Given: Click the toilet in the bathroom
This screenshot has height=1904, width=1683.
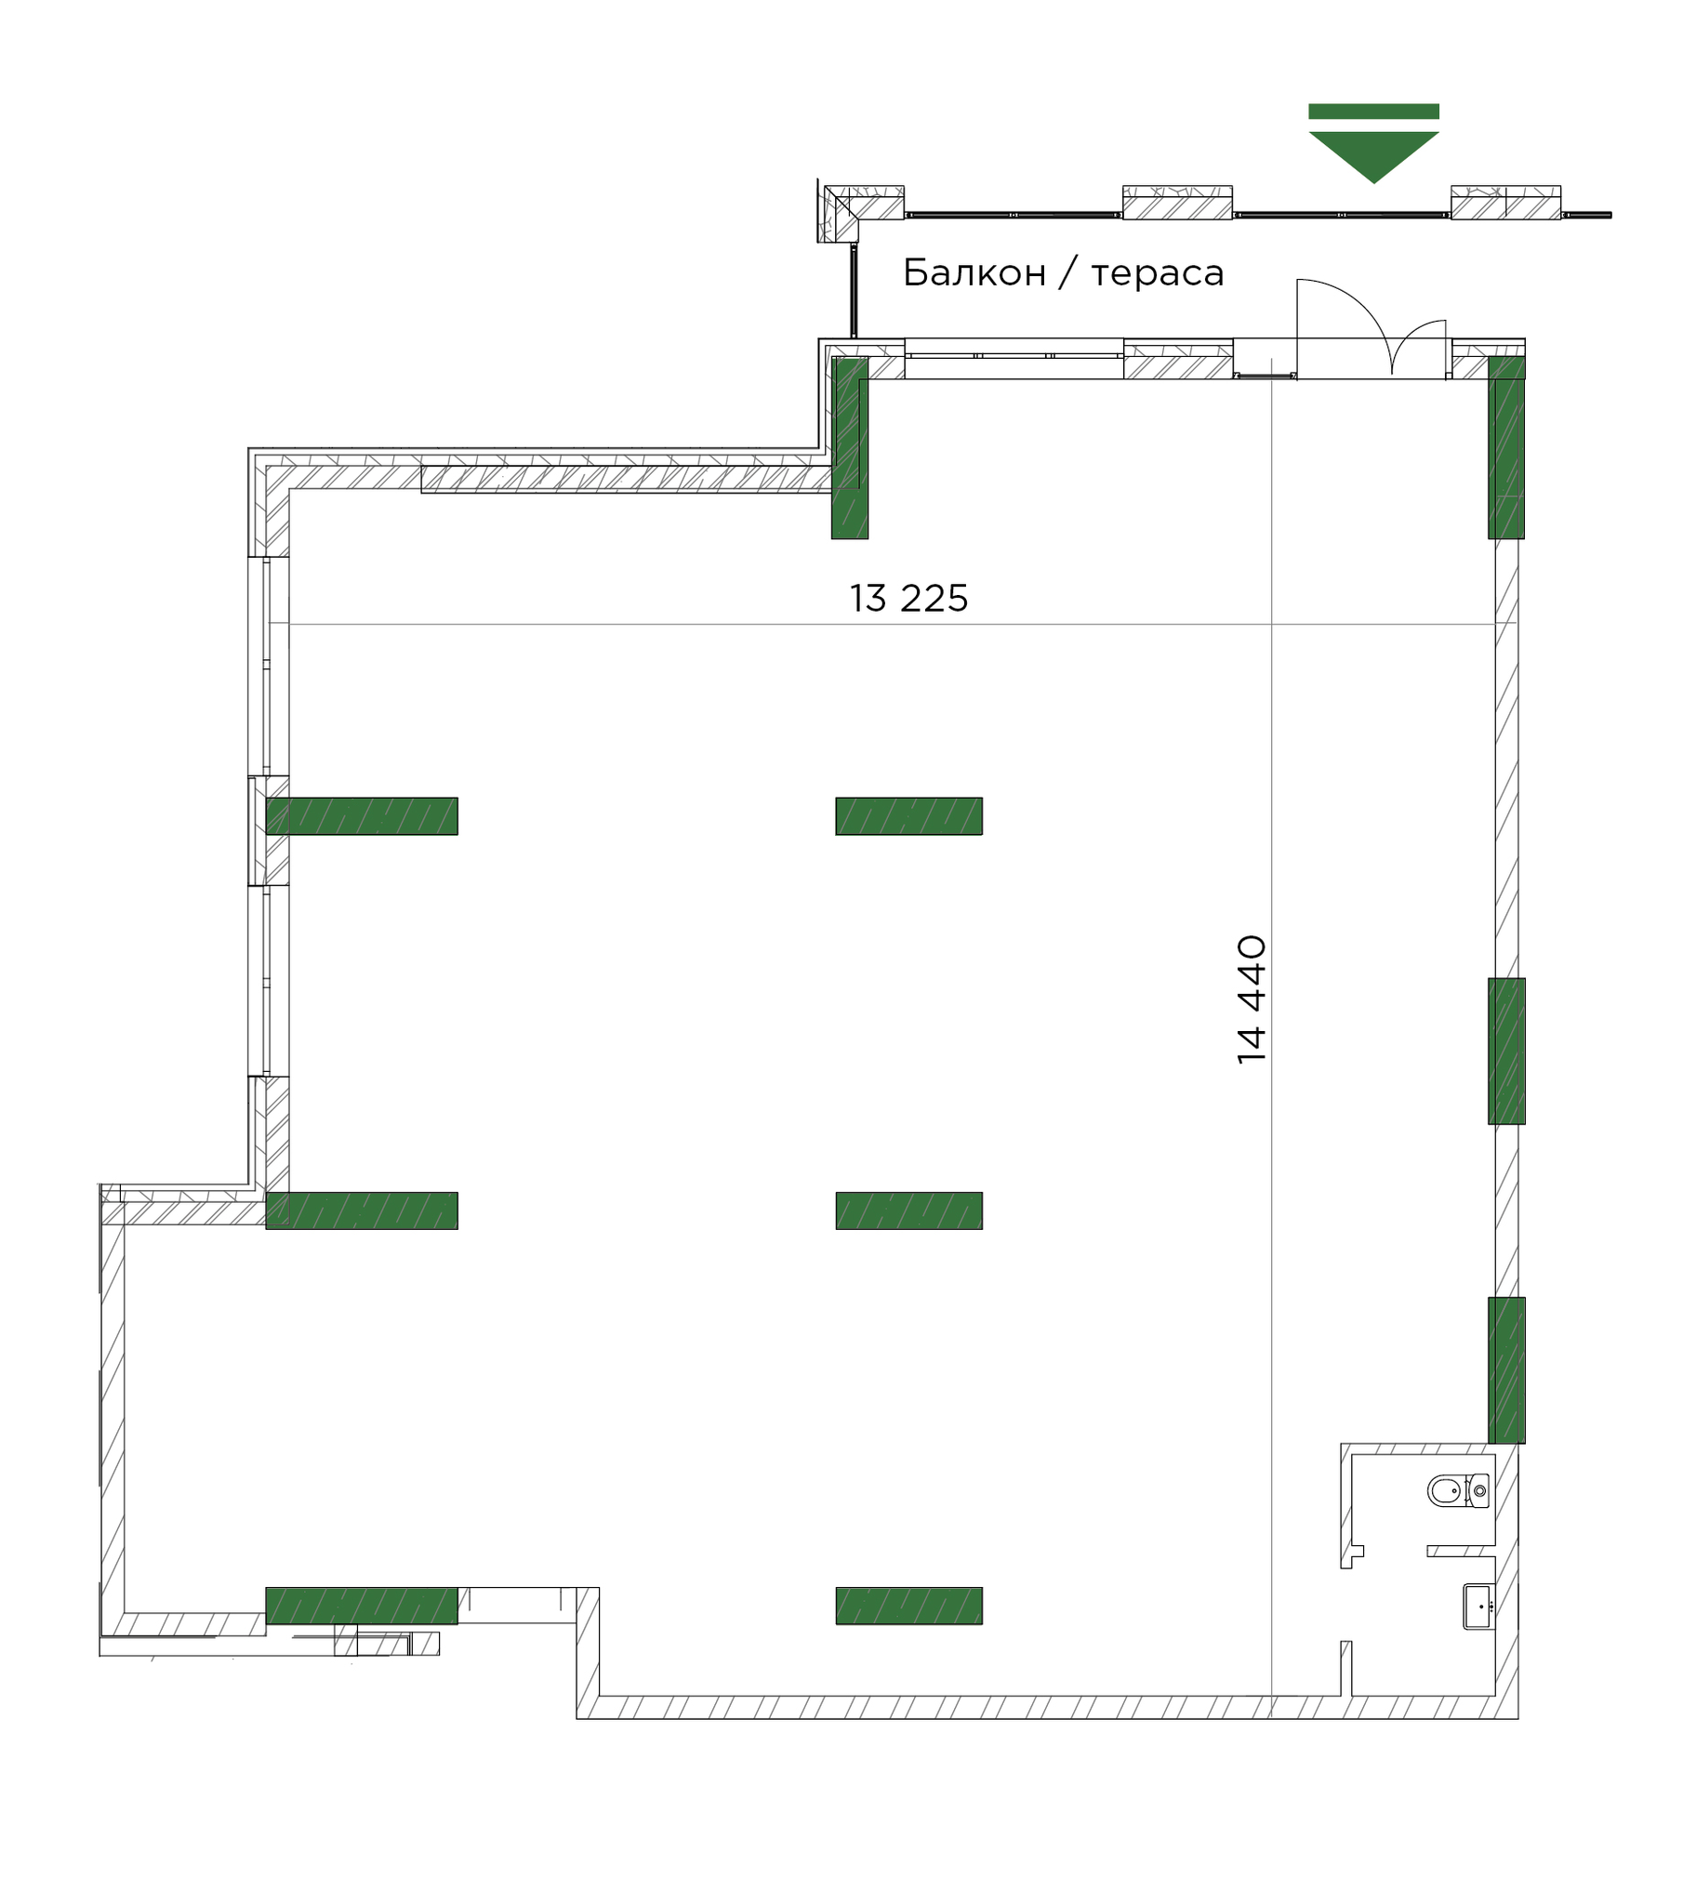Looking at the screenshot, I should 1455,1489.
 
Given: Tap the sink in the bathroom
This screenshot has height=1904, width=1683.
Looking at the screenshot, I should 1478,1606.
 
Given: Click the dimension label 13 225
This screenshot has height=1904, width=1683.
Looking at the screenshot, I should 908,598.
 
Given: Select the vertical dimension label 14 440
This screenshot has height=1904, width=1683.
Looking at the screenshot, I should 1252,999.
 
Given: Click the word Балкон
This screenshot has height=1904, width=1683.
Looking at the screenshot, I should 974,273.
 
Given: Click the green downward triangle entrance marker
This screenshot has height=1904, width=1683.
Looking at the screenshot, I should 1372,153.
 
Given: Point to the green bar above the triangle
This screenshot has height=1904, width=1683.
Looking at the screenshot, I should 1372,112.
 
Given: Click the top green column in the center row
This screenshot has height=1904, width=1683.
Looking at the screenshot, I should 908,816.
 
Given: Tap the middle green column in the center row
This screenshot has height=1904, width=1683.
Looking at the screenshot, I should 908,1210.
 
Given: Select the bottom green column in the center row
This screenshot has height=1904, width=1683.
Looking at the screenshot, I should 908,1605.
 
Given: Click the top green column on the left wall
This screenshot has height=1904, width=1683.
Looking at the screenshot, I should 362,816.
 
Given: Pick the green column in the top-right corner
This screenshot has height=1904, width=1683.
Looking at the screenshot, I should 1505,447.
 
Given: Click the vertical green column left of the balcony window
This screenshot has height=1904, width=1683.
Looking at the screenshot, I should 849,447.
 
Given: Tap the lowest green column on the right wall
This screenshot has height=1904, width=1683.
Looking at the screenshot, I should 1505,1369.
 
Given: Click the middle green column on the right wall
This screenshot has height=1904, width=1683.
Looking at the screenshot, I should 1505,1051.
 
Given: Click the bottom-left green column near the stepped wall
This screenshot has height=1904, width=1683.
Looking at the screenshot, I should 362,1605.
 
